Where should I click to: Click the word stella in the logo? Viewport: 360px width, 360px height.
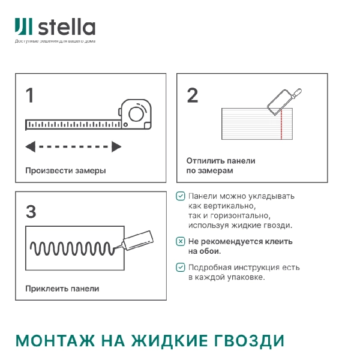[67, 28]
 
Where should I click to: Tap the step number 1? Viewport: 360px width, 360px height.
[29, 95]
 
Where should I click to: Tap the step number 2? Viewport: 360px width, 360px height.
[192, 95]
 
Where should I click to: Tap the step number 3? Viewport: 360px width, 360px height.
[31, 211]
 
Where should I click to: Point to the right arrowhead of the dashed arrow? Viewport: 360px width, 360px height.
[116, 146]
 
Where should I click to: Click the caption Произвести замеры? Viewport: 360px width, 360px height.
[65, 170]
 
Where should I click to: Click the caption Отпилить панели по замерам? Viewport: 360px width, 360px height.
[220, 166]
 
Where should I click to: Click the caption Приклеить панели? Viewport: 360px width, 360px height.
[62, 288]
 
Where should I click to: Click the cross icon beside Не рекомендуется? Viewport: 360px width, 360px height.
[181, 241]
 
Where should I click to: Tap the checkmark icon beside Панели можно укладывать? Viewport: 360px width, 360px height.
[181, 196]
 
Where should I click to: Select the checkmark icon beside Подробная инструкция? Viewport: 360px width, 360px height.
[181, 268]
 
